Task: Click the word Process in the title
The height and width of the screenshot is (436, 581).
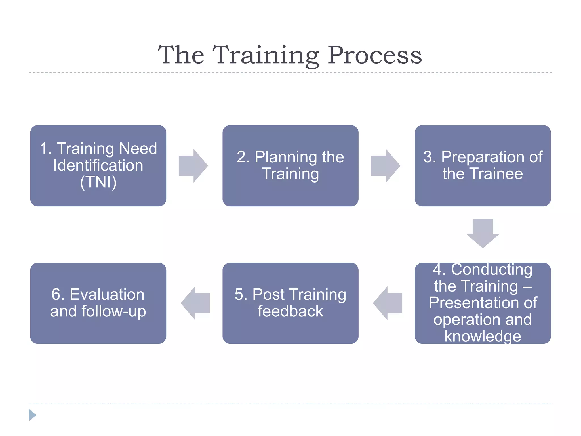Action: point(375,55)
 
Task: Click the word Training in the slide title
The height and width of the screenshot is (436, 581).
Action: point(266,55)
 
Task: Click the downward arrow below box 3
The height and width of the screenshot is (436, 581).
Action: point(483,232)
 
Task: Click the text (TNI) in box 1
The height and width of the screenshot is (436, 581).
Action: point(98,182)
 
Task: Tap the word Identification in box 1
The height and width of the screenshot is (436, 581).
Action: point(98,165)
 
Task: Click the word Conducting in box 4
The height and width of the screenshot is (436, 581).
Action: point(491,269)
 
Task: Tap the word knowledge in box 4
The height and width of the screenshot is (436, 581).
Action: point(483,336)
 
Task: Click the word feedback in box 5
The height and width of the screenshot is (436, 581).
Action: point(290,311)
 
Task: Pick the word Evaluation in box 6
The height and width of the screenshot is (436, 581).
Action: point(107,295)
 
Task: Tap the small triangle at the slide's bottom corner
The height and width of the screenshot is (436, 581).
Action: point(32,415)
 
